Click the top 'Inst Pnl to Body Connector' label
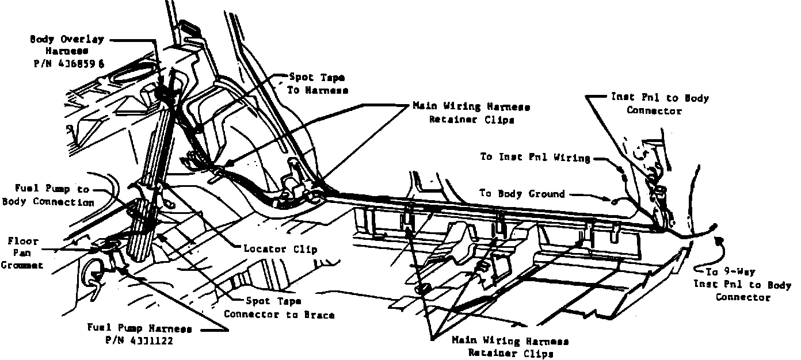point(659,104)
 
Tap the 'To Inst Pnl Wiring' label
point(536,158)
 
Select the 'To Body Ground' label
point(522,194)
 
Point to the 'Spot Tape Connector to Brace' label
point(279,307)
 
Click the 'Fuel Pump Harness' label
point(139,329)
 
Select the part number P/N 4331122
point(139,340)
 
